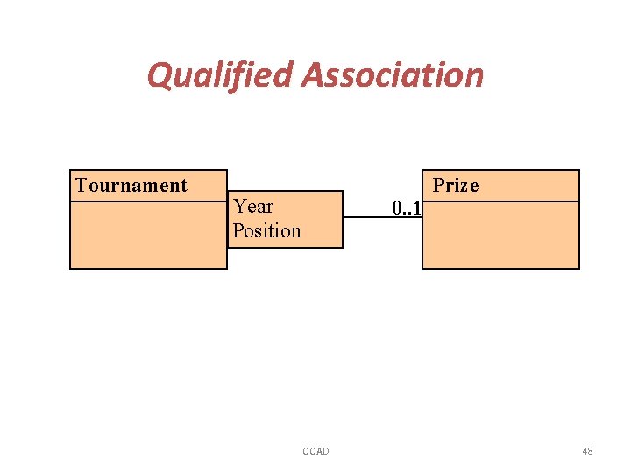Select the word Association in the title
(393, 75)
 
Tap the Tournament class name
(131, 185)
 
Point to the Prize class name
(456, 185)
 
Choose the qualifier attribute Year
(253, 207)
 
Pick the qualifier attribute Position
(266, 230)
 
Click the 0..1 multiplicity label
(407, 208)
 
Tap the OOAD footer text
(315, 451)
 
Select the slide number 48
(586, 451)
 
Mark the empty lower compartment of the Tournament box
(148, 235)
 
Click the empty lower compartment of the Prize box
(500, 235)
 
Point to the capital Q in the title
(159, 75)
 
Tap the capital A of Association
(314, 75)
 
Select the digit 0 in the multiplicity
(397, 208)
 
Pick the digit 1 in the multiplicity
(417, 208)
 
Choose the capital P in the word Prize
(438, 185)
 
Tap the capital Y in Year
(239, 207)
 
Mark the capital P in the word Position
(238, 230)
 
